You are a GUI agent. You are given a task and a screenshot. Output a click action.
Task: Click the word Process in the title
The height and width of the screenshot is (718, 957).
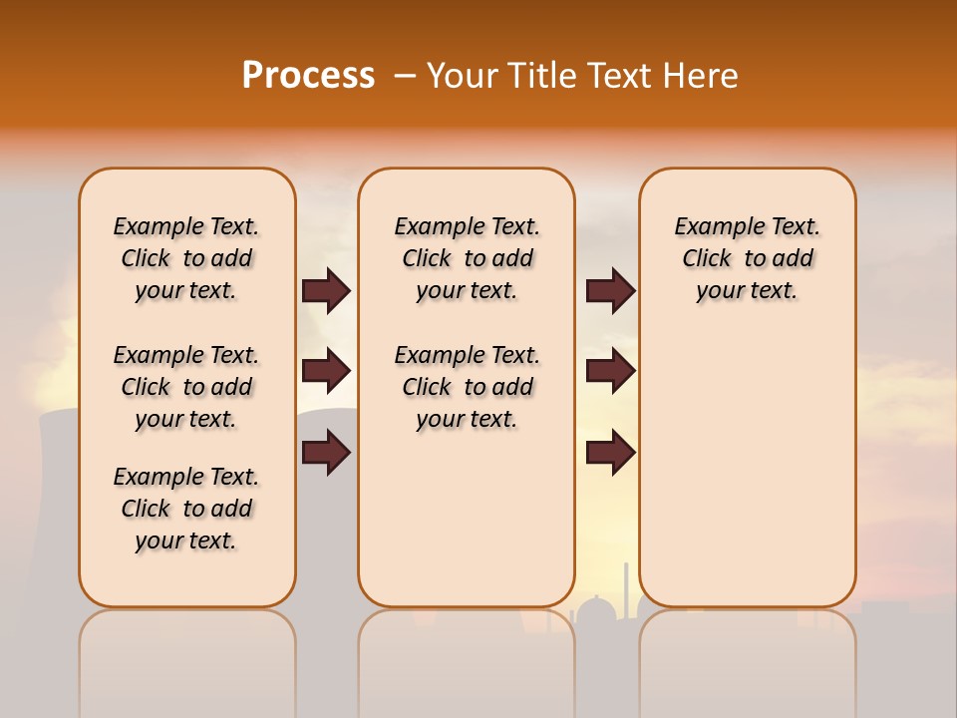tap(308, 76)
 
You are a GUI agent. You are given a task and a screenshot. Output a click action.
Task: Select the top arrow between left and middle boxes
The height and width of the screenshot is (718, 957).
tap(326, 291)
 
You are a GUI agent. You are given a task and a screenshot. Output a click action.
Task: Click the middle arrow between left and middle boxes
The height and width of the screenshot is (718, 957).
tap(326, 372)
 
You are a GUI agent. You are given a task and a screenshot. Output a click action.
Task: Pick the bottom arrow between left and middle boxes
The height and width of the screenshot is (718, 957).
tap(326, 453)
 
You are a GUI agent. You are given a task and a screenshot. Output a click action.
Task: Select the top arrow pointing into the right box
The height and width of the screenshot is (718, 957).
tap(610, 291)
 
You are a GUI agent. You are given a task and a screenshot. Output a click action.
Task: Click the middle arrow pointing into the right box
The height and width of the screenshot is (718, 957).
tap(610, 372)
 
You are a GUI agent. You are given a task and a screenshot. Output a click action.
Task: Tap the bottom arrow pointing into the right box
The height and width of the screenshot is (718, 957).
tap(610, 453)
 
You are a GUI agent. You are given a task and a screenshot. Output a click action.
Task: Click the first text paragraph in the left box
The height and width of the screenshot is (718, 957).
tap(186, 258)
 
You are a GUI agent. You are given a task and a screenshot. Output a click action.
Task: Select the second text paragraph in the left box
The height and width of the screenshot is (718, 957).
tap(186, 387)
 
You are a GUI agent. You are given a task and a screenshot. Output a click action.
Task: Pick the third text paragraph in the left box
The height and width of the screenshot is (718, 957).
tap(186, 509)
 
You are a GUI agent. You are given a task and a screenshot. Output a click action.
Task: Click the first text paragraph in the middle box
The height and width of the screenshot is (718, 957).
tap(467, 258)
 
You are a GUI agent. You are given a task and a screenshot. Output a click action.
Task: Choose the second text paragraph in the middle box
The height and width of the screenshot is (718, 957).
tap(467, 387)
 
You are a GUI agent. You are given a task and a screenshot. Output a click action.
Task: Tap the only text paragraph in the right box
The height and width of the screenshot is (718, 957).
tap(747, 258)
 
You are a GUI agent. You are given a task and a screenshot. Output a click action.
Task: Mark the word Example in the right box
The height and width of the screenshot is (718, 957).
tap(711, 227)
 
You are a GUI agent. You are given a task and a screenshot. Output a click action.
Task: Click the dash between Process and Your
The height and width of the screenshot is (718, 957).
tap(405, 76)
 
